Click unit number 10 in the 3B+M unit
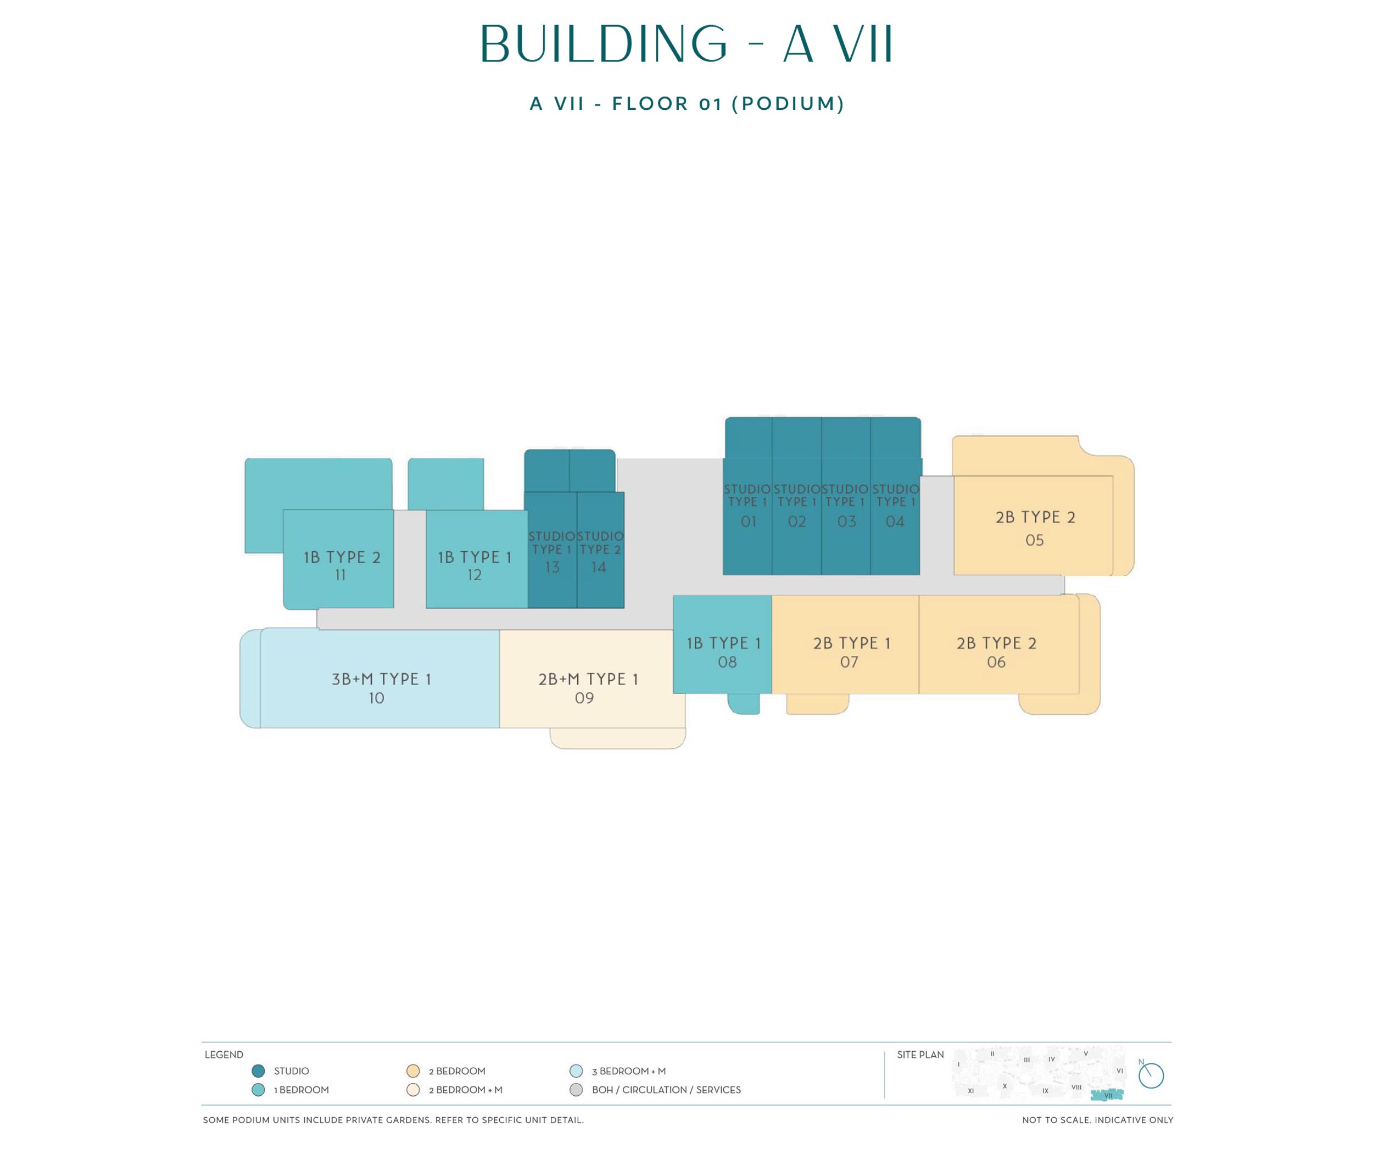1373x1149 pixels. (376, 698)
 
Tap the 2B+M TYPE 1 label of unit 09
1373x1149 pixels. (588, 679)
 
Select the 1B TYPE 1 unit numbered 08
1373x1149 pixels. (722, 644)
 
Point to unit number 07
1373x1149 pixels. (849, 662)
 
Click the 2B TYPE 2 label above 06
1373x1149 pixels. (996, 643)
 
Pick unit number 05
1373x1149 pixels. (1034, 540)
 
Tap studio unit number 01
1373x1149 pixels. (748, 522)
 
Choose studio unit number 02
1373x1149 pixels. (796, 522)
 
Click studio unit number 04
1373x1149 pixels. (895, 522)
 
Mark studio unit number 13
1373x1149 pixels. (552, 567)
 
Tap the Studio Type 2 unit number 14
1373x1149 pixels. (598, 567)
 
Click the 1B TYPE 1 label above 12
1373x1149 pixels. (475, 557)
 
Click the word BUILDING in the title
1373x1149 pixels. (604, 44)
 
